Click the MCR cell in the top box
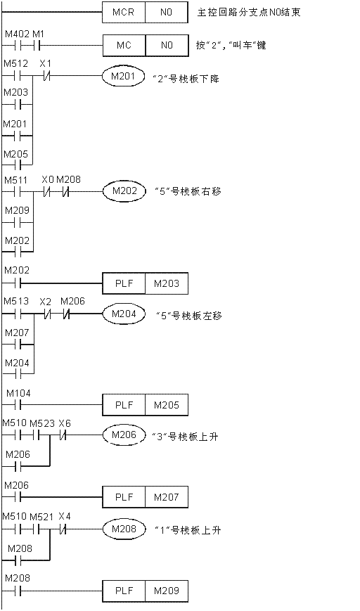tap(124, 13)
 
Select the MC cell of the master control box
tap(124, 46)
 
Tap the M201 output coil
tap(122, 77)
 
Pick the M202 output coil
tap(123, 191)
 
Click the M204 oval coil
tap(123, 314)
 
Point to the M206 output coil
tap(123, 435)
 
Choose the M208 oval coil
tap(123, 529)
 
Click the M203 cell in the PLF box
tap(167, 283)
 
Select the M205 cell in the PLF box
tap(167, 405)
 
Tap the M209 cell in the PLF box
tap(167, 591)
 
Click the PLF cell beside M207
tap(124, 497)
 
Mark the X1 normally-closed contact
tap(46, 77)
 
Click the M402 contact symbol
tap(17, 46)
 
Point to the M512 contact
tap(17, 77)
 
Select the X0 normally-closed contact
tap(48, 192)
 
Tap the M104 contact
tap(17, 405)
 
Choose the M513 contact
tap(17, 314)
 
